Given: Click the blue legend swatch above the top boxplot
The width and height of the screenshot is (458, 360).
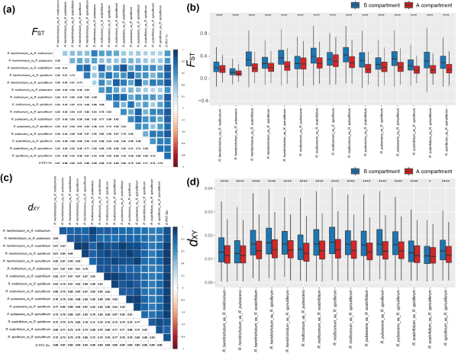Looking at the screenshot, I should coord(356,5).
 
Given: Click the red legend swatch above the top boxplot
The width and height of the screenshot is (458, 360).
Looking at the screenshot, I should coord(409,5).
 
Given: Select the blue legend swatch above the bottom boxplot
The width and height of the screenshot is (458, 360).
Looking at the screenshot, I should coord(356,171).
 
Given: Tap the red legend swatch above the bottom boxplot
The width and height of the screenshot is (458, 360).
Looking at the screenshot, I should coord(409,171).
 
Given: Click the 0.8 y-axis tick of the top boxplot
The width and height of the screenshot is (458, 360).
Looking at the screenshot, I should coord(204,34).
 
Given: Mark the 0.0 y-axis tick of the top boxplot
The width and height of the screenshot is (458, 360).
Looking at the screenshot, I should coord(204,78).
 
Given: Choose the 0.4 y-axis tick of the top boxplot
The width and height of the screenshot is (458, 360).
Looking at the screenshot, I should coord(204,56).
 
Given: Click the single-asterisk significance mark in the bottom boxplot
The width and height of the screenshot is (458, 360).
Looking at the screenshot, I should coord(430,182).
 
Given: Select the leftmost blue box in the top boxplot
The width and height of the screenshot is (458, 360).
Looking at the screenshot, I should coord(216,67).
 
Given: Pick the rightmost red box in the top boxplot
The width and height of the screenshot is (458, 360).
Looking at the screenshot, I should coord(449,69).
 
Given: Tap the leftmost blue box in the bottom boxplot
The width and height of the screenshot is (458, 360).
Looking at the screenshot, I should coord(221,249).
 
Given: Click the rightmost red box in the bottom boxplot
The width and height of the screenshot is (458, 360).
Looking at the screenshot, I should coord(449,254).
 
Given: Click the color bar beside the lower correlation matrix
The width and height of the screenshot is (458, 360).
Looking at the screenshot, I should coord(176,288).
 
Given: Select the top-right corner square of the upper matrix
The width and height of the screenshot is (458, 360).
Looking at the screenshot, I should coord(167,53).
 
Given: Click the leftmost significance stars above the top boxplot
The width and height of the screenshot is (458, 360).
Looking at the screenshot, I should coord(219,15).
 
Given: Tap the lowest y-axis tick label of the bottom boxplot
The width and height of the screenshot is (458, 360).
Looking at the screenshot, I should coord(208,282).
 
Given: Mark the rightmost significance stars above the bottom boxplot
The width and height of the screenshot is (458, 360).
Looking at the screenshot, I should coord(446,182).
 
